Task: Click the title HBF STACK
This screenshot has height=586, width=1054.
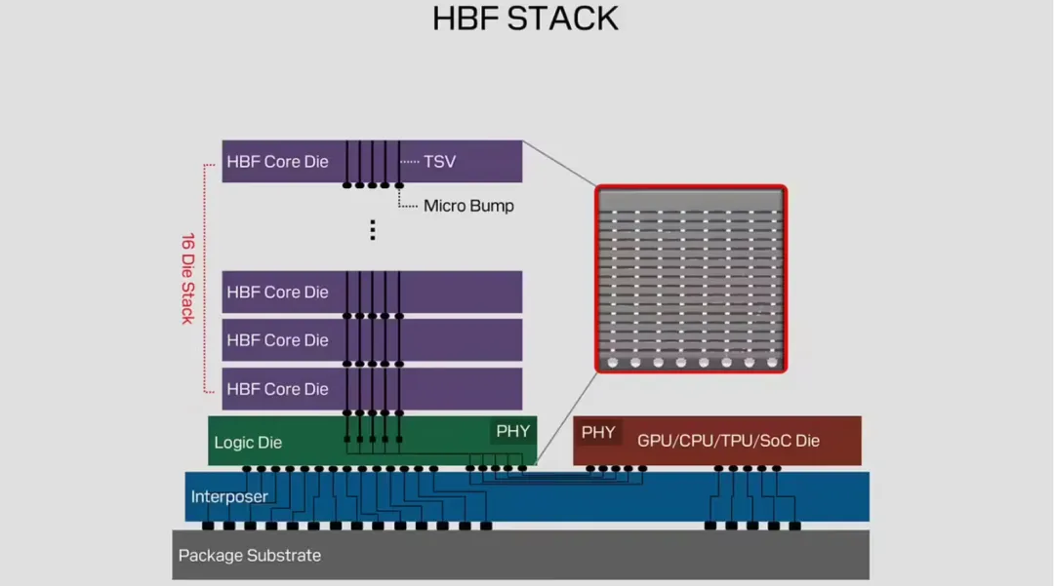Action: [525, 19]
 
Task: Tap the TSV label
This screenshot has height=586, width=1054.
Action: [439, 162]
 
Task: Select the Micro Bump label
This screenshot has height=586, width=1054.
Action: [468, 206]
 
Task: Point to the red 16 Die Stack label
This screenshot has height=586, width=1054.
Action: [187, 279]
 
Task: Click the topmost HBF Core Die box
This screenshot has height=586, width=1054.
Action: [372, 161]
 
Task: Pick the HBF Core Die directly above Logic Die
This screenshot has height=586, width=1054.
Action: [372, 389]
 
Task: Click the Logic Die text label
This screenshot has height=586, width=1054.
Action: [248, 443]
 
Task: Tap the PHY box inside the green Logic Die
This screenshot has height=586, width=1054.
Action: [513, 432]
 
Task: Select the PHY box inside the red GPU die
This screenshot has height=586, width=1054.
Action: [598, 432]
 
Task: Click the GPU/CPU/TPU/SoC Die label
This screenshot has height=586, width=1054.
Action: [729, 441]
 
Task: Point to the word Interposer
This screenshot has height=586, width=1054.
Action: [229, 496]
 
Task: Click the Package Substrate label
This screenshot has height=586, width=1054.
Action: [250, 556]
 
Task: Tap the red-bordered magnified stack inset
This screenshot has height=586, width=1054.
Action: [691, 279]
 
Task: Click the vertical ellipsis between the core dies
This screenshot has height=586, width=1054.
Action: [373, 229]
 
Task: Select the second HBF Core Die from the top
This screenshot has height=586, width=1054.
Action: [372, 292]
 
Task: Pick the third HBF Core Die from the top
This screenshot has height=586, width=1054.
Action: [372, 340]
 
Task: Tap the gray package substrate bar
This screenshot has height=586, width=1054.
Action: [520, 555]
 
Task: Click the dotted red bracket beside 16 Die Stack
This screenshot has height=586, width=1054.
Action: [204, 278]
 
